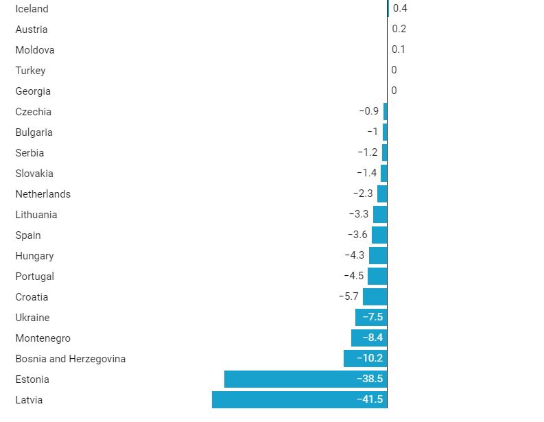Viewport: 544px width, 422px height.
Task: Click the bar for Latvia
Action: point(299,399)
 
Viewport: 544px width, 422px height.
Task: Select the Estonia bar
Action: point(305,379)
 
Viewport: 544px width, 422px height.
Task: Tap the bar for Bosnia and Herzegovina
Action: point(365,358)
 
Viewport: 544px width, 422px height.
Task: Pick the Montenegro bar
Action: point(369,338)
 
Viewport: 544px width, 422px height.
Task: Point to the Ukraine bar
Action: point(371,317)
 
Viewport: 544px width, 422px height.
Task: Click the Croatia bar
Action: point(375,296)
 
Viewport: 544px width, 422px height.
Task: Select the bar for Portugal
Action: point(377,276)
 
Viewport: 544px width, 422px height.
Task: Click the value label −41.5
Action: point(370,399)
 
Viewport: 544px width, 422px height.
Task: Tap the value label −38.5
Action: point(370,379)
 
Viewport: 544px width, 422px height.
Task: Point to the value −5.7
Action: point(348,296)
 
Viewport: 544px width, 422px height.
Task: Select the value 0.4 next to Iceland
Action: point(400,8)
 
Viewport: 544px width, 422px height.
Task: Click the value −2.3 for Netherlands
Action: point(363,194)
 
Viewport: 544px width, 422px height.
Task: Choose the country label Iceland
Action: point(32,9)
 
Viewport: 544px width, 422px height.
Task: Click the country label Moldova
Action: point(35,50)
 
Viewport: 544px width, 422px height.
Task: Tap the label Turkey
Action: point(30,71)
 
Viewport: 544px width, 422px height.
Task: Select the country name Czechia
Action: point(34,112)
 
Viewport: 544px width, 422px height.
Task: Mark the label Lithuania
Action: point(36,215)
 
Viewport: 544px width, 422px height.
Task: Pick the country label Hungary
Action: point(34,256)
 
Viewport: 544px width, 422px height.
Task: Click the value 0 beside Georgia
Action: point(394,91)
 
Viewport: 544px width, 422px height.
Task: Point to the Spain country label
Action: point(28,235)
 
